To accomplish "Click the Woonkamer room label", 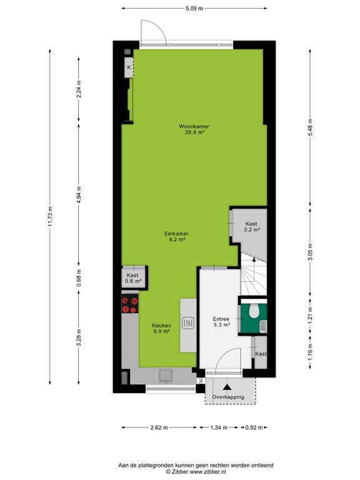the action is click(194, 126).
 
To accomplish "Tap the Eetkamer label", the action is click(176, 234).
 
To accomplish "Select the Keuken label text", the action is click(162, 326).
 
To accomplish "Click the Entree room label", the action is click(221, 319).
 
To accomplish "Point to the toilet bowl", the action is click(254, 311).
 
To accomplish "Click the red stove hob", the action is click(130, 304).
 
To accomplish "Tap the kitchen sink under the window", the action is click(166, 376).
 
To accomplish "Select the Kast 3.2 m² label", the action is click(252, 226).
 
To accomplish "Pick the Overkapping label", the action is click(228, 397).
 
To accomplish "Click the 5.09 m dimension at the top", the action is click(194, 9).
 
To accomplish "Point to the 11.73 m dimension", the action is click(50, 216).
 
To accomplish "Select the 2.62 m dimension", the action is click(159, 427).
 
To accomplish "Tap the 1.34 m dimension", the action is click(219, 427).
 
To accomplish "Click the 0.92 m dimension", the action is click(254, 427).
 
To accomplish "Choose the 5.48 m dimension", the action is click(310, 127).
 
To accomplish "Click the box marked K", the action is click(129, 67).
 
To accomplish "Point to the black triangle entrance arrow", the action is click(227, 387).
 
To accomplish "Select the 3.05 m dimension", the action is click(310, 252).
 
